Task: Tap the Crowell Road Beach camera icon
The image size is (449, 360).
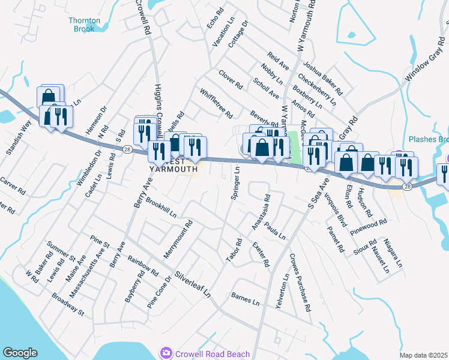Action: pos(165,353)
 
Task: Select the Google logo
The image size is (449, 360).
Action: pos(20,353)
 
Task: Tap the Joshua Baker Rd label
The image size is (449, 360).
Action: pos(322,78)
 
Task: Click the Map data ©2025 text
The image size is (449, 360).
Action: pos(423,355)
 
